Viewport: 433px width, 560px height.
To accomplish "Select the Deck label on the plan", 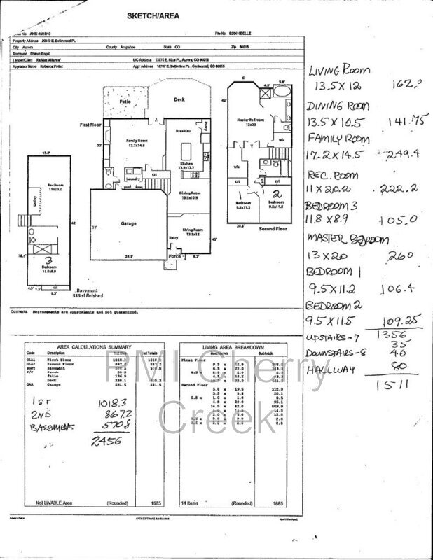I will point(179,99).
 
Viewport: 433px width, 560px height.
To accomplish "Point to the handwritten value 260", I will point(395,256).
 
